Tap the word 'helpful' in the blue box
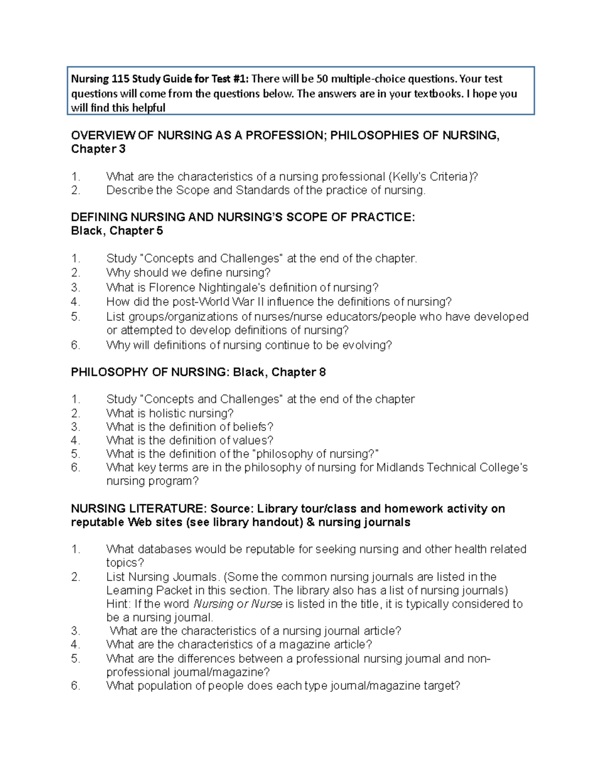click(x=148, y=108)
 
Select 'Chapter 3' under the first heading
click(x=98, y=149)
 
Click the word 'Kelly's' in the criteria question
click(x=409, y=177)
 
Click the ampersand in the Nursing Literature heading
click(x=310, y=522)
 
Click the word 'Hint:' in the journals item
click(x=119, y=604)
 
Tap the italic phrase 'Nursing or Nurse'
click(x=238, y=604)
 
